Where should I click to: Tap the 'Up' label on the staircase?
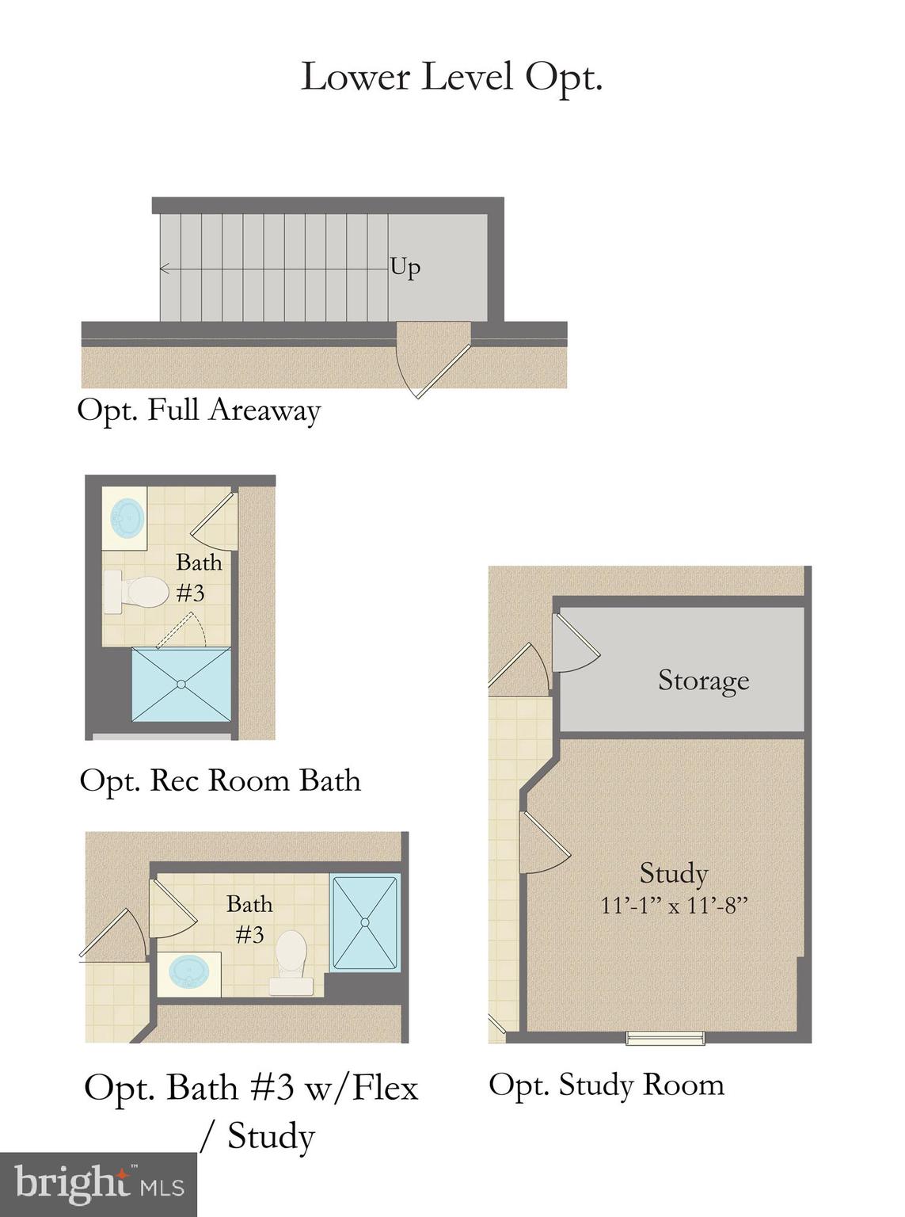[x=405, y=268]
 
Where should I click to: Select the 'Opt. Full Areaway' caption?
[x=199, y=411]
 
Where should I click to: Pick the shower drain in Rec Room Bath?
[x=181, y=684]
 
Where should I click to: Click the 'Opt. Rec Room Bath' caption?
[x=220, y=780]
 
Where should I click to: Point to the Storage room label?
[x=703, y=680]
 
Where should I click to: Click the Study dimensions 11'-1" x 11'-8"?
[x=674, y=905]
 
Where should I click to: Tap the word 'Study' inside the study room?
[x=674, y=873]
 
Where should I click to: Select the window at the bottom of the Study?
[x=665, y=1037]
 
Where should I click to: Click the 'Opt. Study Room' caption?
[x=607, y=1084]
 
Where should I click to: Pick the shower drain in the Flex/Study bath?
[x=365, y=921]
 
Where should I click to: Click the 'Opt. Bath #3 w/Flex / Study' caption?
[x=252, y=1111]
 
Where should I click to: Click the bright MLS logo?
[x=98, y=1185]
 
